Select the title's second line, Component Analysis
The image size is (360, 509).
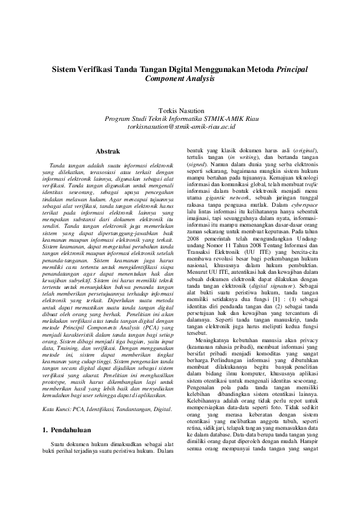[180, 79]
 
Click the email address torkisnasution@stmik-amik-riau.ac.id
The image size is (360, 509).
[180, 128]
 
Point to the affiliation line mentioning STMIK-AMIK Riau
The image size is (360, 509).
[180, 120]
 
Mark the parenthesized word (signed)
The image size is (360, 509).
[199, 164]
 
